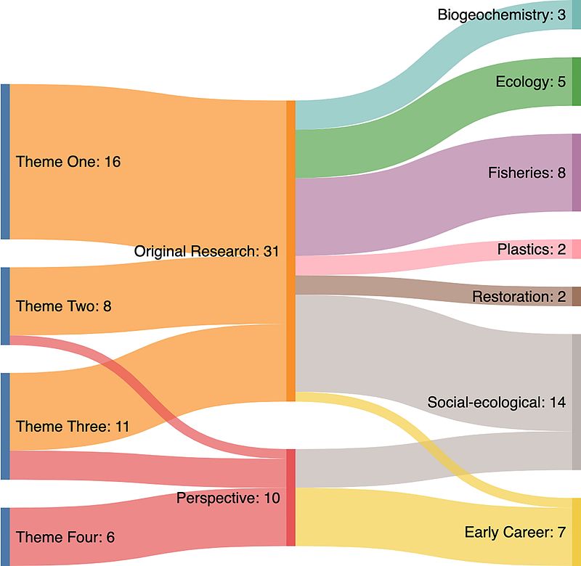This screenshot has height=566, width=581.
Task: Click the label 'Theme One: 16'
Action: (68, 161)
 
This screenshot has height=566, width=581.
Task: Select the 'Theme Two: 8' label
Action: (63, 306)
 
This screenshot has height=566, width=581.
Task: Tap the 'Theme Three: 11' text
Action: (72, 426)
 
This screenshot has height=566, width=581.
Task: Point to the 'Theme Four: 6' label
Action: (65, 537)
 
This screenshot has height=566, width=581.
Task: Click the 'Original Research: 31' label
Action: (207, 252)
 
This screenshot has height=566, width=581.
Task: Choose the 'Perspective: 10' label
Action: (228, 499)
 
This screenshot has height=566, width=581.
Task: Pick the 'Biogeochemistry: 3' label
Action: (501, 15)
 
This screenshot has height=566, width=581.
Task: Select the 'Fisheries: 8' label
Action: (527, 173)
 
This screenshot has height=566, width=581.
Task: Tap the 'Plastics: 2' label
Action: (531, 249)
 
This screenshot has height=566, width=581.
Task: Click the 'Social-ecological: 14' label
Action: (496, 402)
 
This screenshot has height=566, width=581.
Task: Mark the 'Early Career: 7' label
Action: (514, 533)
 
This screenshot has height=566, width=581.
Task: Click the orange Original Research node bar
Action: (290, 250)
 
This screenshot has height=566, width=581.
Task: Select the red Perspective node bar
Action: (290, 497)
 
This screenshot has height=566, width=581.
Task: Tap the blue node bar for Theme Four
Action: (5, 536)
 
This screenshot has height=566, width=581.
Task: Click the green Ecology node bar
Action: (577, 81)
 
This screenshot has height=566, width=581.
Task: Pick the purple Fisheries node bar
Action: (577, 173)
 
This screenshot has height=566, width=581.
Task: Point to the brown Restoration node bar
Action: (577, 296)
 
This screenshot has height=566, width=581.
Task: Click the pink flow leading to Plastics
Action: (436, 254)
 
